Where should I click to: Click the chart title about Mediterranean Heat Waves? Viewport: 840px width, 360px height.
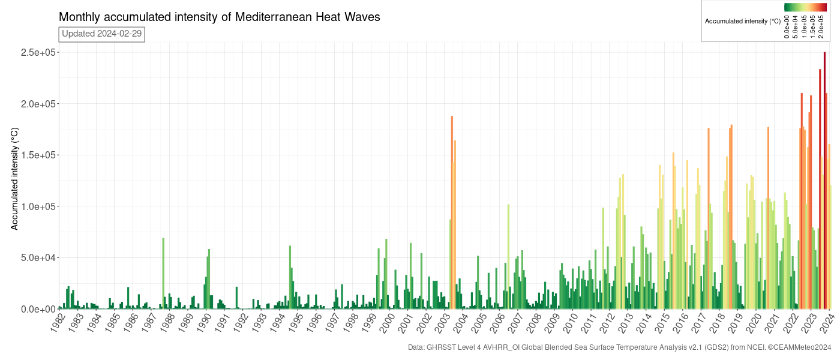[219, 17]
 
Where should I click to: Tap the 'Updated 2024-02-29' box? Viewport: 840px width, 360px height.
[101, 34]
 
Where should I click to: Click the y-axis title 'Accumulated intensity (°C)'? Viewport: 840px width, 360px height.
[16, 179]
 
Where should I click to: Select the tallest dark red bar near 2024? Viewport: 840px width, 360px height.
[824, 180]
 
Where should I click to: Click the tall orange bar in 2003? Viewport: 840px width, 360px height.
[452, 210]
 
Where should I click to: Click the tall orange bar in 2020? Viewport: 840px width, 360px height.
[768, 216]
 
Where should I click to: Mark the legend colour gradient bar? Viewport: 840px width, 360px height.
[805, 7]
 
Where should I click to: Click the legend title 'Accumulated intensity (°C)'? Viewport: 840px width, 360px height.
[742, 21]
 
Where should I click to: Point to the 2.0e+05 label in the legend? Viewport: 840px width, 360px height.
[822, 26]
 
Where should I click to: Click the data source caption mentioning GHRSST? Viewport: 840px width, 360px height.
[619, 347]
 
